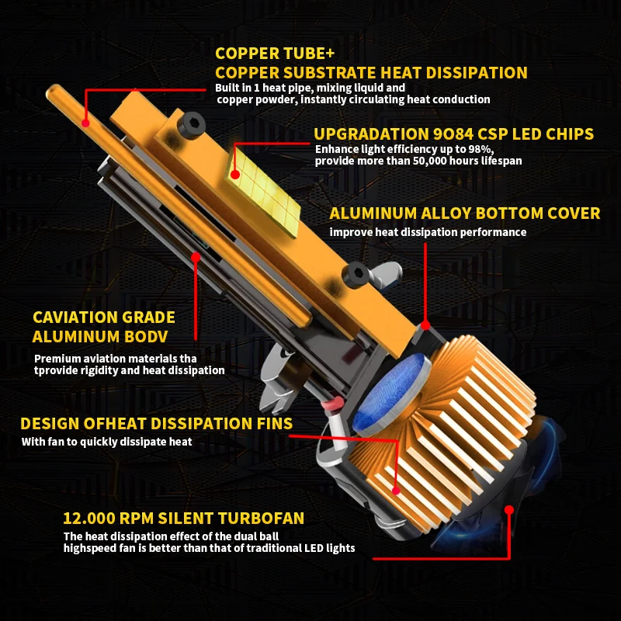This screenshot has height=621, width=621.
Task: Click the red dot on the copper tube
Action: [x=85, y=123]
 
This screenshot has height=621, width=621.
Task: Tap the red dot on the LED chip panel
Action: [x=235, y=174]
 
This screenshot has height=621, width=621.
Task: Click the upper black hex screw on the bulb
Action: [x=191, y=125]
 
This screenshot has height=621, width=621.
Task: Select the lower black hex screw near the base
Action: [x=356, y=274]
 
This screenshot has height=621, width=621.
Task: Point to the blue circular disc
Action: [x=391, y=392]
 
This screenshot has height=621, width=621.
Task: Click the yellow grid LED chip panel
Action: [x=263, y=189]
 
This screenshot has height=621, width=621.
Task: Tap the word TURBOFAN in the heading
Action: [x=261, y=518]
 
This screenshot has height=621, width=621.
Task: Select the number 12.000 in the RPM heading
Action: [x=88, y=518]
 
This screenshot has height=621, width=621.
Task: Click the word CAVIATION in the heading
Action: [x=75, y=317]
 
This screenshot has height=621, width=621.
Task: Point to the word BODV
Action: [x=146, y=337]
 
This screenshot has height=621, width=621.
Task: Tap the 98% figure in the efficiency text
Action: [x=480, y=149]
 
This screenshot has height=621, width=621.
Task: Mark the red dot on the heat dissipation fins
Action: [x=396, y=491]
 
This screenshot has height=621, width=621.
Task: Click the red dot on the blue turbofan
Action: [x=509, y=510]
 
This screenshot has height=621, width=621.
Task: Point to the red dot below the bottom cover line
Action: [x=425, y=325]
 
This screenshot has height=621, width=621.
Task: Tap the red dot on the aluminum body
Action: [x=196, y=258]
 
